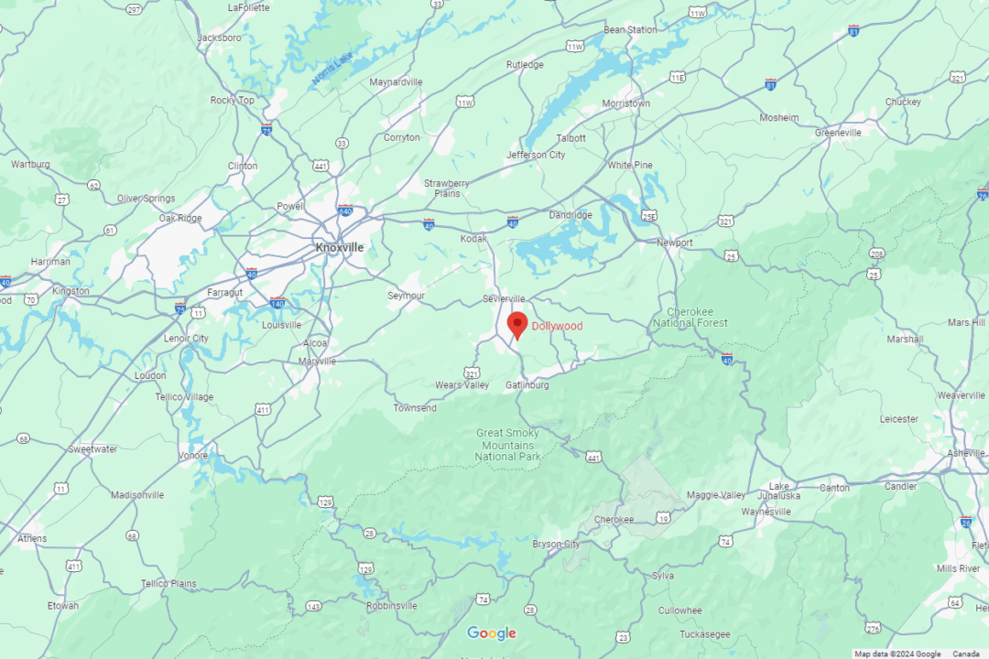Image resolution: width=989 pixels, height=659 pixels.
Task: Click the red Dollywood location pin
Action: tap(517, 324)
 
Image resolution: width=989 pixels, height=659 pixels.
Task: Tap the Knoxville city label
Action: tap(339, 248)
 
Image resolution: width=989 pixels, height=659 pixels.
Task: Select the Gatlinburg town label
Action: tap(527, 385)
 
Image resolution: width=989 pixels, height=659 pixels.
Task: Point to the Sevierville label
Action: tap(504, 299)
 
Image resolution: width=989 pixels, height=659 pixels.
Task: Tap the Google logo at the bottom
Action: tap(492, 633)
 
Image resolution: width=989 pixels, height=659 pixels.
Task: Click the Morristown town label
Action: tap(625, 103)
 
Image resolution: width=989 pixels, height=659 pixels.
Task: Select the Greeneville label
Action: tap(838, 133)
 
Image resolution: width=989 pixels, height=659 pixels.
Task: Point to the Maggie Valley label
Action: tap(717, 495)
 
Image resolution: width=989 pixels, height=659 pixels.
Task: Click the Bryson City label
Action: tap(557, 545)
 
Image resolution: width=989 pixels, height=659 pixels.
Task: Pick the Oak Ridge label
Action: tap(179, 218)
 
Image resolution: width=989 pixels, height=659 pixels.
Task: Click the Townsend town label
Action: tap(415, 408)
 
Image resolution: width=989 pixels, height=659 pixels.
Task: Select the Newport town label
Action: tap(675, 243)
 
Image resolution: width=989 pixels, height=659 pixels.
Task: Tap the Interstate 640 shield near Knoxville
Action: tap(345, 210)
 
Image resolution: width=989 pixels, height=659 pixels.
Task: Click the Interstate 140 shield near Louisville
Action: tap(277, 301)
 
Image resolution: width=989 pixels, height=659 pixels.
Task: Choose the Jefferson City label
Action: tap(536, 156)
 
